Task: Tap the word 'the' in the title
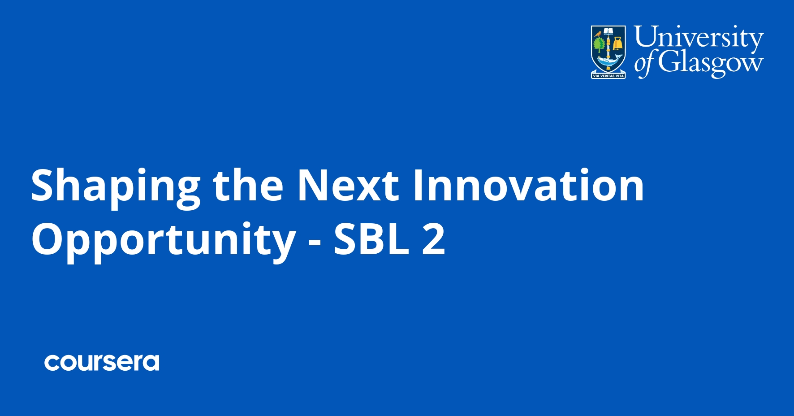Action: pyautogui.click(x=248, y=185)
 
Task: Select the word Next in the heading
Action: pyautogui.click(x=348, y=185)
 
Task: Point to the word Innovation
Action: pyautogui.click(x=528, y=185)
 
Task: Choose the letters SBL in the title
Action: pyautogui.click(x=371, y=239)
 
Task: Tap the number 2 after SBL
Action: pyautogui.click(x=433, y=239)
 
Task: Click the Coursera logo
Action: pyautogui.click(x=102, y=362)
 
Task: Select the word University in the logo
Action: pyautogui.click(x=698, y=38)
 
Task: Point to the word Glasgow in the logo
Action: pyautogui.click(x=710, y=63)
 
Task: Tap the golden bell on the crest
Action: pyautogui.click(x=618, y=44)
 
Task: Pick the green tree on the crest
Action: pyautogui.click(x=599, y=45)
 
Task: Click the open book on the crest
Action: pyautogui.click(x=608, y=32)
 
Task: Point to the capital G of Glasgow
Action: pyautogui.click(x=668, y=62)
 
